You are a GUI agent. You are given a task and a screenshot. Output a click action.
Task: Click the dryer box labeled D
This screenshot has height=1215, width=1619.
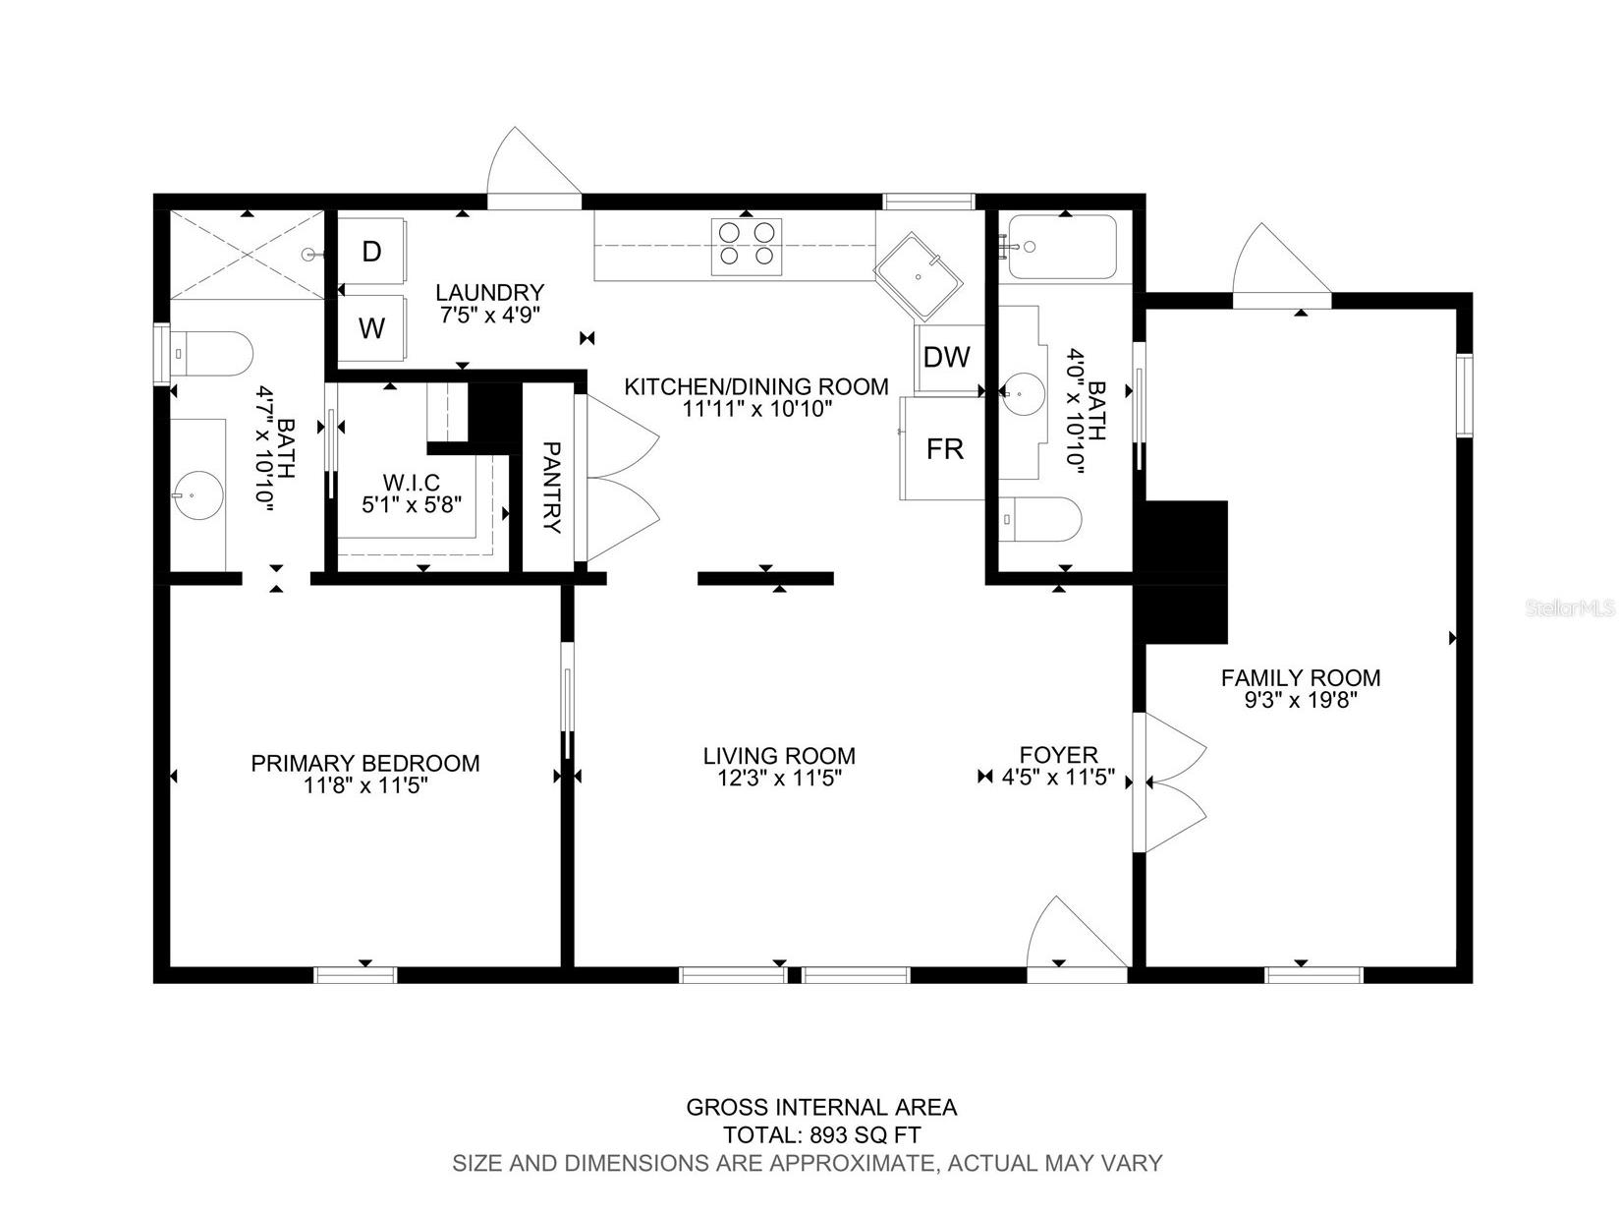(372, 251)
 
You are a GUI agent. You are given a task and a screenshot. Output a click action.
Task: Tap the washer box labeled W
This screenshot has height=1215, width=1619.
(372, 328)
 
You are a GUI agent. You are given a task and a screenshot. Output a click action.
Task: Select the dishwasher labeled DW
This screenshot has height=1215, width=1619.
(947, 357)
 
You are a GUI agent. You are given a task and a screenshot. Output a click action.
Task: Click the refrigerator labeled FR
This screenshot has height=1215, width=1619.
(944, 449)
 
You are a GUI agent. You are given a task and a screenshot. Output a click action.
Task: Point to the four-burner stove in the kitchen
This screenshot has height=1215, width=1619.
(747, 244)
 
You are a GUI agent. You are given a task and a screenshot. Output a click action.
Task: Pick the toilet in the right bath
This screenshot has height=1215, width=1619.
(1040, 520)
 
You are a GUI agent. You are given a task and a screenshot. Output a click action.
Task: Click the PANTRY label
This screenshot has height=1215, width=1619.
(552, 487)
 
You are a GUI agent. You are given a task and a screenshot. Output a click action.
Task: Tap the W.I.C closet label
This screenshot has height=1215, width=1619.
(412, 482)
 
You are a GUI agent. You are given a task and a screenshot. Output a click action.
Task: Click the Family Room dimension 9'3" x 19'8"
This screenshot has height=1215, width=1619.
(1300, 701)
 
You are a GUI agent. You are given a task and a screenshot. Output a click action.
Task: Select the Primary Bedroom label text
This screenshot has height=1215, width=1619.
(365, 763)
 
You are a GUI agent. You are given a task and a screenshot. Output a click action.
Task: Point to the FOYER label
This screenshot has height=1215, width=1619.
(1058, 755)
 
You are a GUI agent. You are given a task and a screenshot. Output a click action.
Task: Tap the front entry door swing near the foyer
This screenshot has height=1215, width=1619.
(1073, 934)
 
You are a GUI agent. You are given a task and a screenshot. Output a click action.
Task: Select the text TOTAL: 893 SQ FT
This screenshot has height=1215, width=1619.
(821, 1134)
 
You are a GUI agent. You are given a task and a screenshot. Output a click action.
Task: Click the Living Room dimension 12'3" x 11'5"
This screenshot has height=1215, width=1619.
(779, 779)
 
